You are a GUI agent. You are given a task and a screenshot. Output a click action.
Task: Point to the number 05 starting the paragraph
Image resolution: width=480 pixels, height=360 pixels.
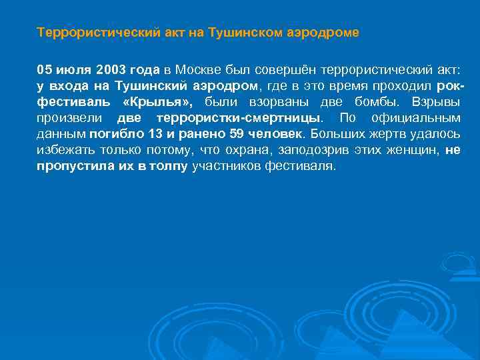[x=45, y=69]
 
